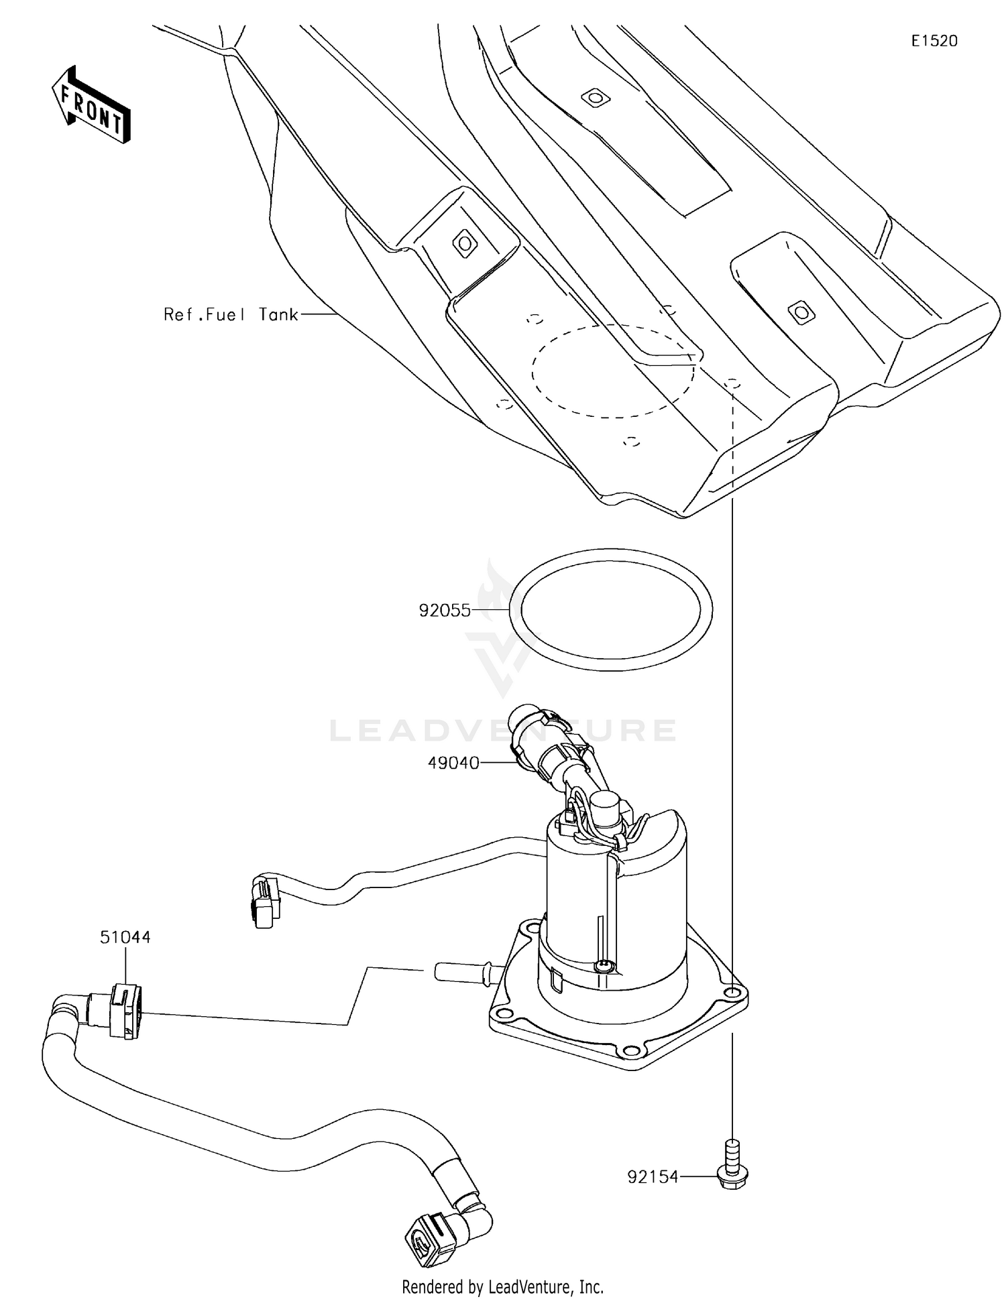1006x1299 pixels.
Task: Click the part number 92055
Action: [x=445, y=611]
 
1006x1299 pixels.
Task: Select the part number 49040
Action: [x=453, y=763]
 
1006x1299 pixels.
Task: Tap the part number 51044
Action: [x=125, y=937]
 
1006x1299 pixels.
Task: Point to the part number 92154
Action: [x=653, y=1176]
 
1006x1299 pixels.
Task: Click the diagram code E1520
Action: [x=934, y=41]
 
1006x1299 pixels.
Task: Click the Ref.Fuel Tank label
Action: [x=231, y=314]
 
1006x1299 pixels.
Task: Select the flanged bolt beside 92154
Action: [x=733, y=1168]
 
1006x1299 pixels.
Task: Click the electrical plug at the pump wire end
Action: [x=264, y=902]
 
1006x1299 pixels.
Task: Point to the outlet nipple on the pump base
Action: [x=463, y=971]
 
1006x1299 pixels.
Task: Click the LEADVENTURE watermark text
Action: [x=503, y=730]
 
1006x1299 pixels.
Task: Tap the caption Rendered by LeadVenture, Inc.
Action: [x=502, y=1286]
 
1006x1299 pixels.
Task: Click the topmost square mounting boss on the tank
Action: [x=594, y=98]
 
